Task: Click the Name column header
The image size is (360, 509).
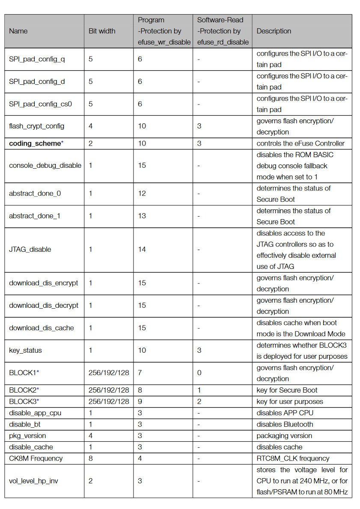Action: tap(18, 31)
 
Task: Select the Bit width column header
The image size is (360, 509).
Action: tap(101, 31)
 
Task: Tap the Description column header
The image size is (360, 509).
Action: tap(274, 31)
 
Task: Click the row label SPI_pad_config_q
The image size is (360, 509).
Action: tap(37, 59)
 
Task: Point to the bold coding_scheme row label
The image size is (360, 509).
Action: tap(35, 143)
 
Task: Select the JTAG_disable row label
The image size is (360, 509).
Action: tap(30, 250)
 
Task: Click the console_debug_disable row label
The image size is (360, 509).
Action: tap(45, 166)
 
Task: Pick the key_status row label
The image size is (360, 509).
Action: tap(25, 350)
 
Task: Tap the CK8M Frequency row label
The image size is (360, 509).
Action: tap(36, 458)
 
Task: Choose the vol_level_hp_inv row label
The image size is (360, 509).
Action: tap(33, 481)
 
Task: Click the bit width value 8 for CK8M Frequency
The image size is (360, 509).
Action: tap(91, 458)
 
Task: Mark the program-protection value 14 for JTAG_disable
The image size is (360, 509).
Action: tap(142, 250)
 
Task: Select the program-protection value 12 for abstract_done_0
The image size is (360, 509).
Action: tap(142, 193)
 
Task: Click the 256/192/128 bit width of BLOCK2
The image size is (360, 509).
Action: tap(109, 390)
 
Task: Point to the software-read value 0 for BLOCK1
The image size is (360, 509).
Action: tap(199, 373)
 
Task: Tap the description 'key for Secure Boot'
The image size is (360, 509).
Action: tap(287, 390)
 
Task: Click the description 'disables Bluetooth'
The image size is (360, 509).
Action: tap(285, 424)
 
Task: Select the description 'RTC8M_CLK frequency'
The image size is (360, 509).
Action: tap(293, 458)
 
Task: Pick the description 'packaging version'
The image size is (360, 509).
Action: tap(284, 436)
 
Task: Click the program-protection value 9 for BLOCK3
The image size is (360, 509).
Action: tap(140, 402)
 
